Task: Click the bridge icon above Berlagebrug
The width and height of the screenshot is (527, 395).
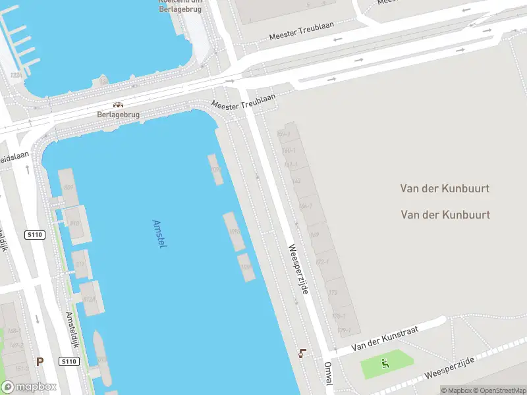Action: (x=119, y=105)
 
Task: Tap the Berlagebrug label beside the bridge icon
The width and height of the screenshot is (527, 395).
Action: (x=119, y=115)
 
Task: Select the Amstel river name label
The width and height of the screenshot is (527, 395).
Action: (x=159, y=234)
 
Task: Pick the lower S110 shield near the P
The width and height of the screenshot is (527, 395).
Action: (x=69, y=361)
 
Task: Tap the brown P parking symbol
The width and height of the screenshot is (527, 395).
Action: (x=40, y=361)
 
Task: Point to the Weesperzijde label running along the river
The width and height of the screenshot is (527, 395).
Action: (x=298, y=270)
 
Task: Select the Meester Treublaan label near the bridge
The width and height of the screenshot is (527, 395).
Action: (x=243, y=101)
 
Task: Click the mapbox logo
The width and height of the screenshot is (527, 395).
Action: (x=29, y=386)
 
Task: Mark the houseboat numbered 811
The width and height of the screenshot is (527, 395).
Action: (x=80, y=265)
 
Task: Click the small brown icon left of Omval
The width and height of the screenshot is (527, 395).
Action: (x=302, y=354)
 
